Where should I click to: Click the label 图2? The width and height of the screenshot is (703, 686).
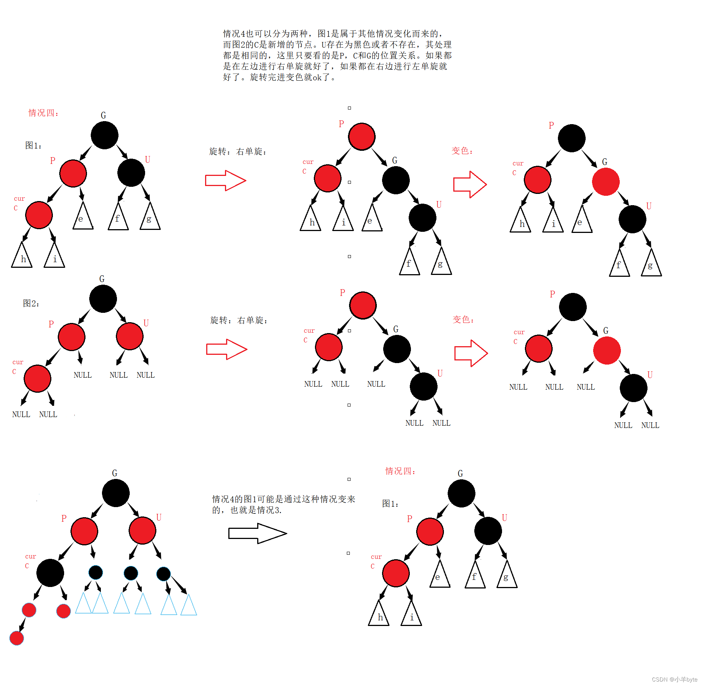pyautogui.click(x=31, y=303)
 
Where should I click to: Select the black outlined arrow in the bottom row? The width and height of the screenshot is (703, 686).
pyautogui.click(x=257, y=533)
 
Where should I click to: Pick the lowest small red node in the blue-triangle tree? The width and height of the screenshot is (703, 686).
pyautogui.click(x=17, y=638)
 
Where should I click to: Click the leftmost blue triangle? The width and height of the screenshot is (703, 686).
pyautogui.click(x=83, y=604)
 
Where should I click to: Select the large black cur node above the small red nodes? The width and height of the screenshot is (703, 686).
pyautogui.click(x=50, y=573)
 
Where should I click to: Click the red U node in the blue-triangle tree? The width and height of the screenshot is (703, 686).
pyautogui.click(x=142, y=530)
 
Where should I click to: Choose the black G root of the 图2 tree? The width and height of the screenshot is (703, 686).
pyautogui.click(x=103, y=299)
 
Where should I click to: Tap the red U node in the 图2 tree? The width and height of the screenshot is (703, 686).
pyautogui.click(x=130, y=336)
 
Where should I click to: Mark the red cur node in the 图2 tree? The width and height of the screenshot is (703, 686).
pyautogui.click(x=37, y=378)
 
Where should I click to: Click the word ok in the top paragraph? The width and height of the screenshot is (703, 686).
pyautogui.click(x=317, y=77)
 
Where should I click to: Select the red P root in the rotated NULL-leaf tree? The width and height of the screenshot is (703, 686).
pyautogui.click(x=363, y=305)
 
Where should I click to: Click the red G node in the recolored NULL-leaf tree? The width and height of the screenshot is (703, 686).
pyautogui.click(x=607, y=350)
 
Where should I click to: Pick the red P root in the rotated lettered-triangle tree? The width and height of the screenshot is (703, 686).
pyautogui.click(x=361, y=137)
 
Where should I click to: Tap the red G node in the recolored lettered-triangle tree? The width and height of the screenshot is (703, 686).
pyautogui.click(x=606, y=182)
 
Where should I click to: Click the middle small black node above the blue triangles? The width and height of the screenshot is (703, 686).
pyautogui.click(x=131, y=573)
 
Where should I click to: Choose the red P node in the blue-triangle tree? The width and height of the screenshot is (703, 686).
pyautogui.click(x=84, y=531)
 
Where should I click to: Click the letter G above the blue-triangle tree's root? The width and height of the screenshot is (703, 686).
pyautogui.click(x=115, y=473)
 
